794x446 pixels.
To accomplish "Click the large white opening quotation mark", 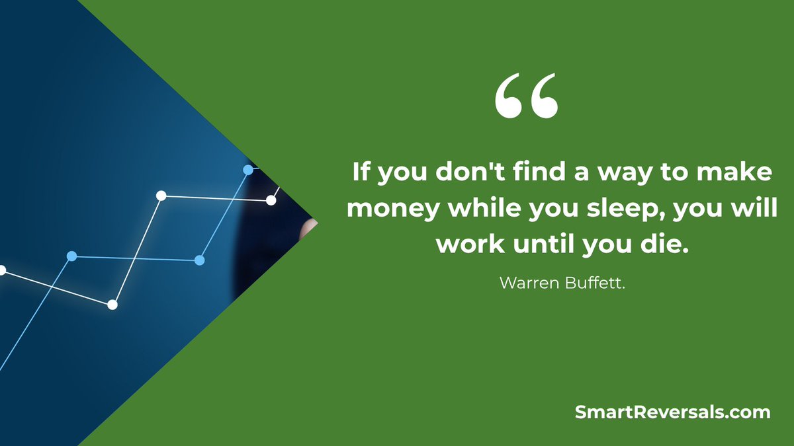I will point(526,96).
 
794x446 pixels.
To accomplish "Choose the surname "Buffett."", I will point(595,283).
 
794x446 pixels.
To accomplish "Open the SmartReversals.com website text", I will point(673,412).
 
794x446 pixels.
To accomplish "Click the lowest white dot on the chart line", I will point(112,305).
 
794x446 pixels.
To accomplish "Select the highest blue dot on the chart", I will point(248,170).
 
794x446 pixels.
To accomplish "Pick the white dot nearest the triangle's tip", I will point(271,200).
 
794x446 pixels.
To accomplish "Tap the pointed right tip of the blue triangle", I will point(317,223).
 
